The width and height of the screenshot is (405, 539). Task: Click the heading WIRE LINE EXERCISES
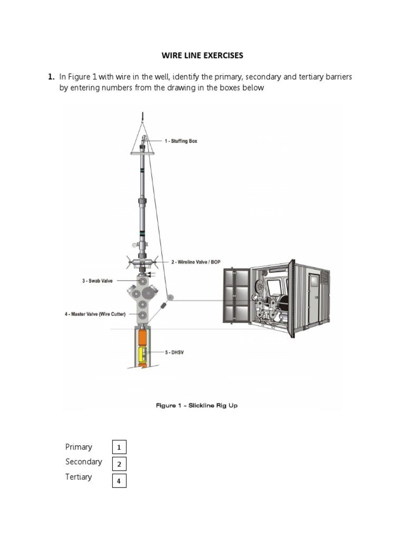click(202, 55)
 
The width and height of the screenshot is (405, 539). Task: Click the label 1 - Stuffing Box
click(180, 141)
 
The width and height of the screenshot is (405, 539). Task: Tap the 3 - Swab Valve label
click(97, 281)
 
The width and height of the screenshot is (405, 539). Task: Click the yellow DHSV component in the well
click(142, 355)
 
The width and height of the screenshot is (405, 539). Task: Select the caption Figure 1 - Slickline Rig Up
click(197, 405)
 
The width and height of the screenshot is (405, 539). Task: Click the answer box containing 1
click(119, 448)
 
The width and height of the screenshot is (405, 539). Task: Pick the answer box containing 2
click(119, 464)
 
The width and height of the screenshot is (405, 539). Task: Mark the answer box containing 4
click(119, 481)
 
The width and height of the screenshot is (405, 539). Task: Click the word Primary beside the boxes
click(79, 447)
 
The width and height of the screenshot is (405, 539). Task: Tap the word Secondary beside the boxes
click(83, 462)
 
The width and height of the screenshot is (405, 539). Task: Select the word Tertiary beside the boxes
click(79, 477)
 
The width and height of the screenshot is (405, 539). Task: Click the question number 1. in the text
click(51, 77)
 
